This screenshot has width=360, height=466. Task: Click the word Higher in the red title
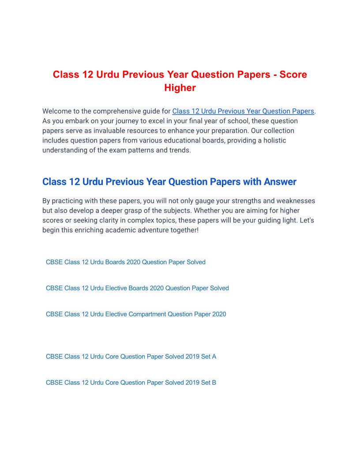pos(180,88)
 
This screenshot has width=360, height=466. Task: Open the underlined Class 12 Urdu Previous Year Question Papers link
pos(243,111)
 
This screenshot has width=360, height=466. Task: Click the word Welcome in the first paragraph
pos(59,111)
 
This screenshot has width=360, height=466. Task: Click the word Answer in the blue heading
pos(280,182)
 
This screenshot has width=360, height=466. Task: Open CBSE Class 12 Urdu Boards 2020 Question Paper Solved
pos(126,262)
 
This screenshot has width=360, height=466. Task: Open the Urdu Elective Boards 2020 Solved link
pos(137,288)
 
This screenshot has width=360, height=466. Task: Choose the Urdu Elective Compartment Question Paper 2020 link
pos(136,314)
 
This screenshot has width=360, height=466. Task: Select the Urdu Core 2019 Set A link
pos(131,357)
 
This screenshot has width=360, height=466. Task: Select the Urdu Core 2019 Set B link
pos(131,383)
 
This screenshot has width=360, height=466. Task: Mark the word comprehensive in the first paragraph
pos(114,111)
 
